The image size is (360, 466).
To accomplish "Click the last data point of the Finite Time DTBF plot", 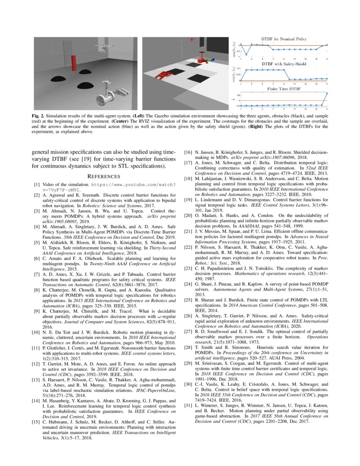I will coord(327,93).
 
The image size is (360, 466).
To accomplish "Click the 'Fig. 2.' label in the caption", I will coord(39,115).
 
